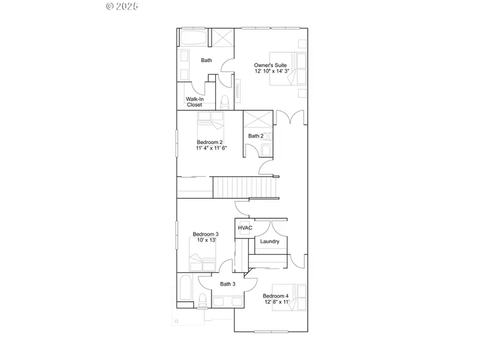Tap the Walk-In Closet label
(194, 102)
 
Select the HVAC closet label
(245, 228)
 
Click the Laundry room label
(270, 242)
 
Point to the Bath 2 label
(256, 136)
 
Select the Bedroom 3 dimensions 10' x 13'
(205, 240)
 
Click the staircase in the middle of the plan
(245, 187)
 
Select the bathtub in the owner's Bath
(194, 38)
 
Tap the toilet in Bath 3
(202, 301)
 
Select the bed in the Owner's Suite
(286, 69)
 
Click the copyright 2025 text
(122, 6)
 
